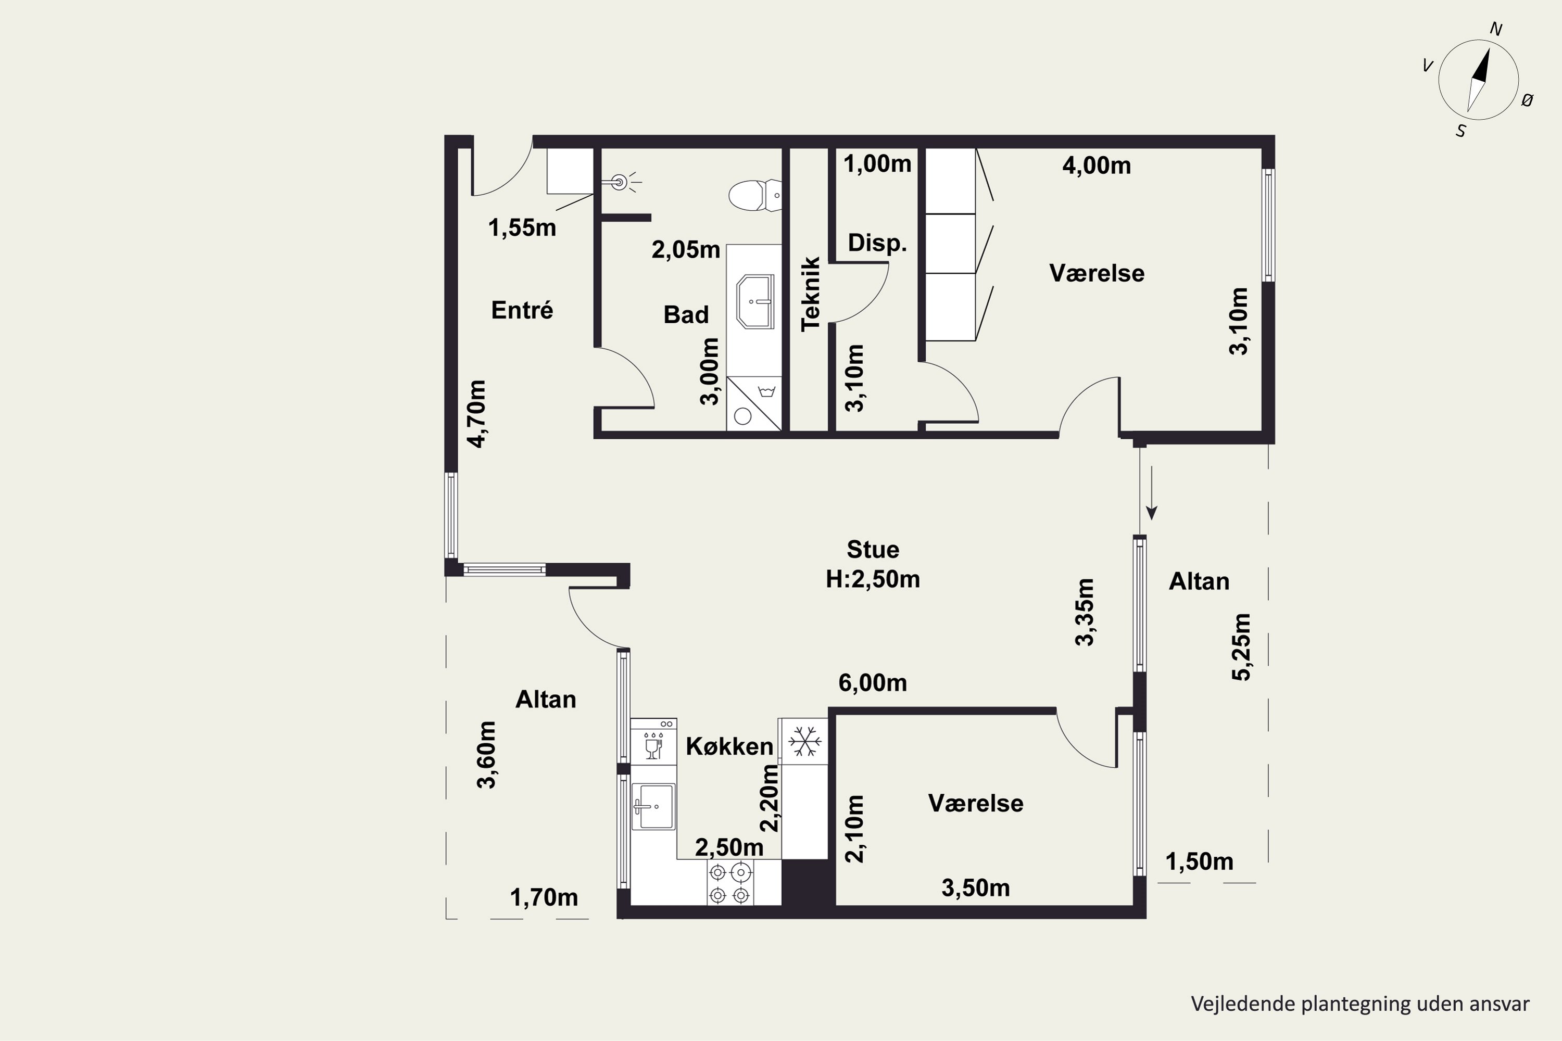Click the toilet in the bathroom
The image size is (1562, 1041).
coord(755,195)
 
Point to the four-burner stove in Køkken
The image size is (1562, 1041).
coord(730,882)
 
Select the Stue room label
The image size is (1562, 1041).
coord(873,550)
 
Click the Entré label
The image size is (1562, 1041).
coord(522,310)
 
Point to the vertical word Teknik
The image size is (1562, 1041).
coord(811,294)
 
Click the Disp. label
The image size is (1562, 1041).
coord(877,243)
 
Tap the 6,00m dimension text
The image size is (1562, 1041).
coord(873,682)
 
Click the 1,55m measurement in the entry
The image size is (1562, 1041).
coord(522,228)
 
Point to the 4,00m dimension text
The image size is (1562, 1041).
coord(1097,166)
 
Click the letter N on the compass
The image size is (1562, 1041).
coord(1496,29)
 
